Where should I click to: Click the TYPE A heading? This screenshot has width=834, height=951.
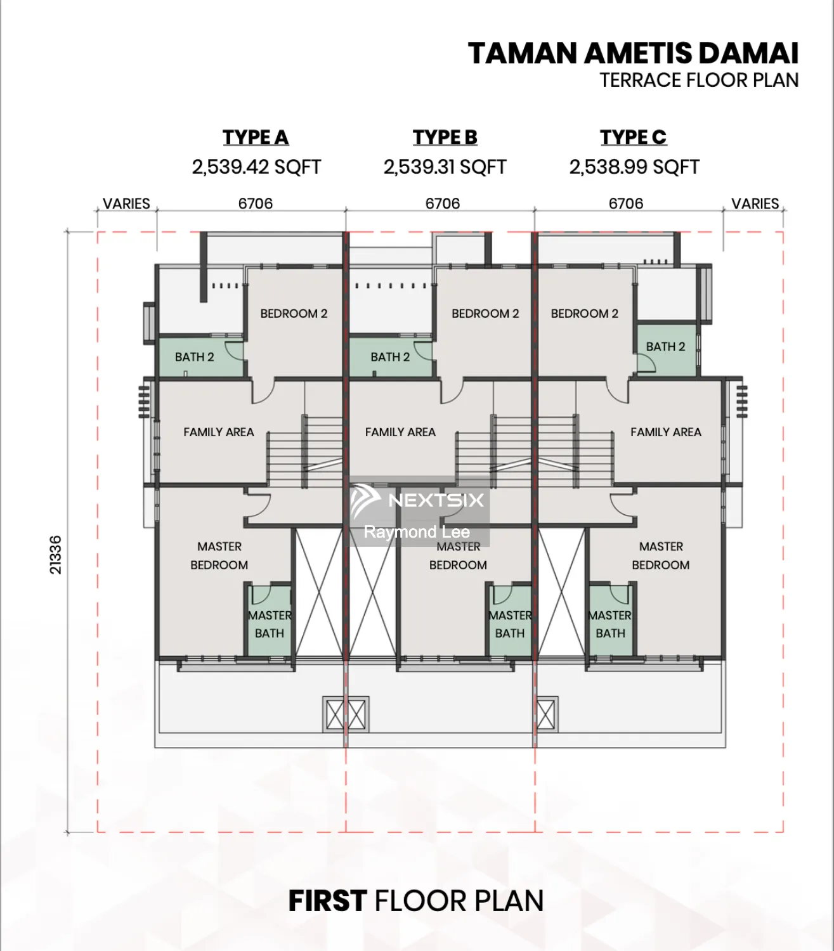256,137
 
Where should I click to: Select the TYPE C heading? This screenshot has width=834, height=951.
634,137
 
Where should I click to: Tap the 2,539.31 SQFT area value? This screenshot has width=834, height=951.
445,167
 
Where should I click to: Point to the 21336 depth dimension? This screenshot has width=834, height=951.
55,554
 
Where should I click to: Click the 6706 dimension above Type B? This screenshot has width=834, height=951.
442,204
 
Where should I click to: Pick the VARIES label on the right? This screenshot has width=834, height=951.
755,204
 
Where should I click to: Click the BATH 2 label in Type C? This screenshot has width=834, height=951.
665,346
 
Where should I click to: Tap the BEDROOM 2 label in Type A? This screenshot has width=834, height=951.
294,313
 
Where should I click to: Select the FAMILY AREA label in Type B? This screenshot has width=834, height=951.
400,432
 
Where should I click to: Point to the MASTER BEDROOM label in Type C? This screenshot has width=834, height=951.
661,555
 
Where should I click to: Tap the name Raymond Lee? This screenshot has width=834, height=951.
417,532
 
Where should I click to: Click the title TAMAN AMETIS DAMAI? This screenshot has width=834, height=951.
633,53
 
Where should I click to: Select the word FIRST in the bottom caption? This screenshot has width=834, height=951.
327,901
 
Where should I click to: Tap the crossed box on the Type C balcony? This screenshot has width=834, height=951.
546,715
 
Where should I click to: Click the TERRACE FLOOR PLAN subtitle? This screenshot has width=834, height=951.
699,81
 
